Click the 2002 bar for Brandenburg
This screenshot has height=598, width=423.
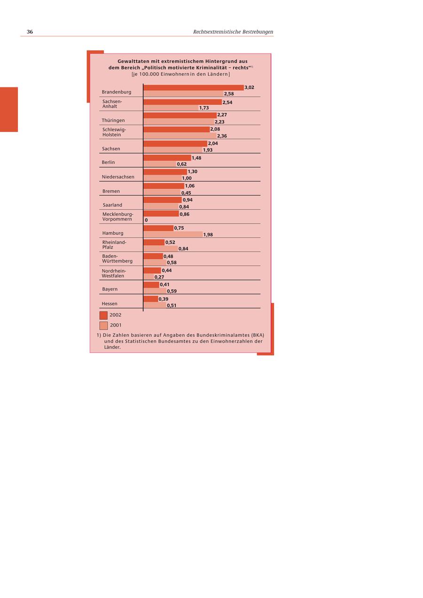(194, 87)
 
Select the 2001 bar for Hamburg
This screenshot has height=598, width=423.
(173, 234)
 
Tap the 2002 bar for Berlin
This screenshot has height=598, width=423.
(167, 158)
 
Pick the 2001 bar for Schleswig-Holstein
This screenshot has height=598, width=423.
(180, 136)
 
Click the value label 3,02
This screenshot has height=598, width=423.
(250, 87)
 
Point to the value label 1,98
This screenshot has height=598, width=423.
(208, 235)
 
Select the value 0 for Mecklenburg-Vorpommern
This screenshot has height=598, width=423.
(146, 220)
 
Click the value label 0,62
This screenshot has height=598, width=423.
(182, 164)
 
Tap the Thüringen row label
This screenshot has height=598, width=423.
(113, 121)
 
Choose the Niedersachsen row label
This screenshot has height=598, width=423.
(118, 177)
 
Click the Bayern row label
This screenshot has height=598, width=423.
(110, 289)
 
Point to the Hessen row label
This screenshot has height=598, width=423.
(110, 303)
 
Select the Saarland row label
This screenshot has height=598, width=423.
(112, 205)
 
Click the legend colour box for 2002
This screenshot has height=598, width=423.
(103, 315)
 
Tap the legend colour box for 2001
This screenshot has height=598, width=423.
(103, 325)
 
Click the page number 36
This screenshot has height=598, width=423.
(30, 32)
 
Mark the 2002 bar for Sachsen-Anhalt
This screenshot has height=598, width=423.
(182, 102)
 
